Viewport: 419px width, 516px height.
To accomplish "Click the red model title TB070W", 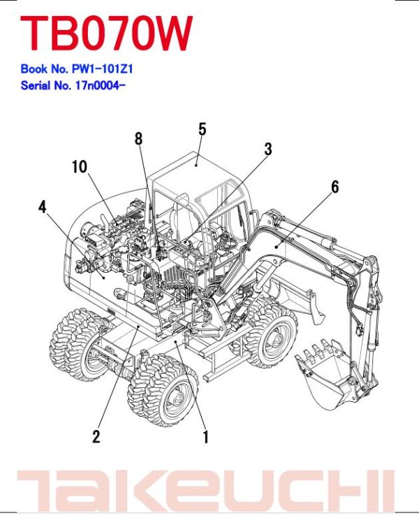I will pos(105,34).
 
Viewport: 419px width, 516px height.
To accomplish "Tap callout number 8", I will pos(138,138).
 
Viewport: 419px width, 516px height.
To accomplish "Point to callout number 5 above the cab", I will pos(202,129).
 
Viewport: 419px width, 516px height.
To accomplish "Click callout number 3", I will pos(267,148).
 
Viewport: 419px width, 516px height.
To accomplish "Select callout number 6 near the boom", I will pos(335,187).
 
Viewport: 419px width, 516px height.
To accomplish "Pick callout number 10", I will pos(79,166).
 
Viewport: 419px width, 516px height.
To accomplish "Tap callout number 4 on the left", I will pos(43,206).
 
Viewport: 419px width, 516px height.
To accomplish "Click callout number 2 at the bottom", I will pos(96,437).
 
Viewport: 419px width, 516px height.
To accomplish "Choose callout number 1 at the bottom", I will pos(205,438).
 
